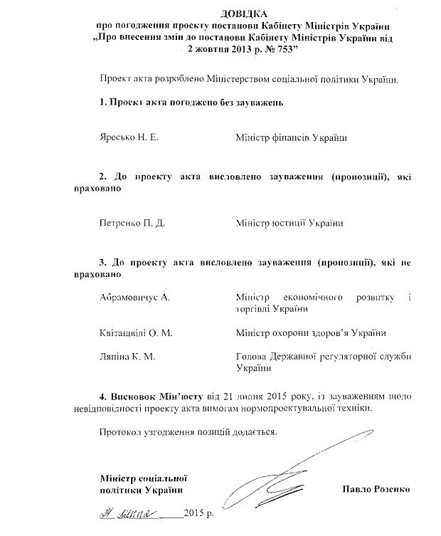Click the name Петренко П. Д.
133,223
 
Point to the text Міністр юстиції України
289,223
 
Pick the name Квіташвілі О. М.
137,332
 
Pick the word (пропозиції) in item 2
351,175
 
